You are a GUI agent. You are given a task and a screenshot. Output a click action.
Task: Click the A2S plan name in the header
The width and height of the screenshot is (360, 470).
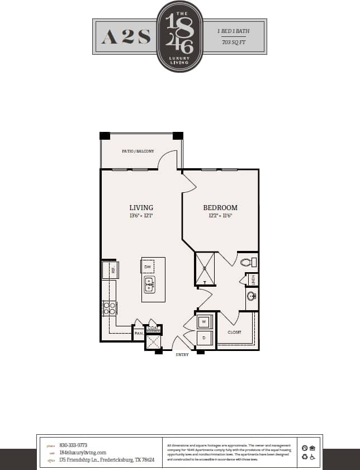(x=126, y=37)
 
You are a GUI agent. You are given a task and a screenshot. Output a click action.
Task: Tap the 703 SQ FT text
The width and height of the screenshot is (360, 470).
(x=234, y=42)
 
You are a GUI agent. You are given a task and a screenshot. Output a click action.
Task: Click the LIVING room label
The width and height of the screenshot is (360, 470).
(x=141, y=207)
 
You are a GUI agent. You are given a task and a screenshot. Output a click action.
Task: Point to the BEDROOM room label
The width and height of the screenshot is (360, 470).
(x=220, y=207)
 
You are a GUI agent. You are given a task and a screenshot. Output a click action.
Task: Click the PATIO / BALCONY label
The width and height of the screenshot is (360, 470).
(x=138, y=151)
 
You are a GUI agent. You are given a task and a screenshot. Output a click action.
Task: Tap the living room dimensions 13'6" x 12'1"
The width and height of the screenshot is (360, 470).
(x=141, y=215)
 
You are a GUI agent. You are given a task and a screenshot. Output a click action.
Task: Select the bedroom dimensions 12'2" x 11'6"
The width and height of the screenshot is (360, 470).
(x=220, y=215)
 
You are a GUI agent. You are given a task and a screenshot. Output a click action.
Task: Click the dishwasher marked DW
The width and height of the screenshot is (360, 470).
(x=148, y=267)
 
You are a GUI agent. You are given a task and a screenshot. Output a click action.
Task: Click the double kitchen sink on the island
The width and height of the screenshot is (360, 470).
(x=149, y=285)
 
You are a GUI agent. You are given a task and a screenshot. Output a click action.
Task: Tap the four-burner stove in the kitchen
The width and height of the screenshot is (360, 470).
(x=109, y=308)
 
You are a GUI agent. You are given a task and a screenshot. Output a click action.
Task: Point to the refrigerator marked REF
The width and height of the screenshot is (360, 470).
(x=110, y=270)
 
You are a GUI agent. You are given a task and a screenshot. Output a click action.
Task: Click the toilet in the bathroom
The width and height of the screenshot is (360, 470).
(x=247, y=261)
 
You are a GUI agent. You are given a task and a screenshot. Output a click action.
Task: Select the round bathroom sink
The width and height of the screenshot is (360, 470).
(x=250, y=297)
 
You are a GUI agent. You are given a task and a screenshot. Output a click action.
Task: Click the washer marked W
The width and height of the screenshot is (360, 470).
(x=204, y=322)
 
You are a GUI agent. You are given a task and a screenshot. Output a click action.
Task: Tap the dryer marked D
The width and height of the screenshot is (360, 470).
(x=204, y=338)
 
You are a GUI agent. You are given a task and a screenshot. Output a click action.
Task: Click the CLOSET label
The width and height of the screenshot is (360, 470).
(x=234, y=332)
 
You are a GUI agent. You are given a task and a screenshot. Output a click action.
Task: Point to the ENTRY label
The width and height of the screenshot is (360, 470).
(x=182, y=354)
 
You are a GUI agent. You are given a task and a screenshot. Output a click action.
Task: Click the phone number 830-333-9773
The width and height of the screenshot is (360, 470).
(x=73, y=445)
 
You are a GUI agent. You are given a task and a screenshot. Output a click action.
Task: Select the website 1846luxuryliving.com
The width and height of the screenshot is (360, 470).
(x=82, y=453)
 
